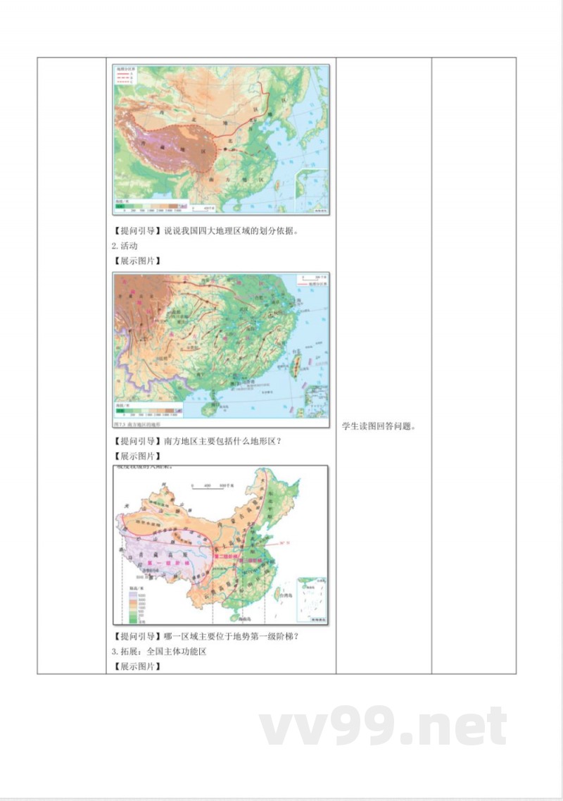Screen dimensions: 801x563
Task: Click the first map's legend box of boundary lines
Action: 127,75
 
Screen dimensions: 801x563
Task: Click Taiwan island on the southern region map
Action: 296,364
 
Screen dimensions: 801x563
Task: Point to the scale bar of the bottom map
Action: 210,487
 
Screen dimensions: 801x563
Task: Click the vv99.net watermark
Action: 384,727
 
